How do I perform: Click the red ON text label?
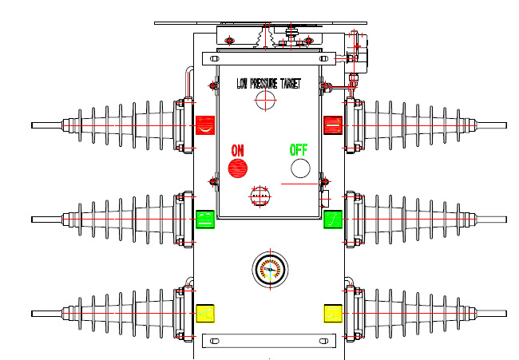(238, 150)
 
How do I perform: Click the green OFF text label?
(298, 150)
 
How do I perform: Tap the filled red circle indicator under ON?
(238, 168)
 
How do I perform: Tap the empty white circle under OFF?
(300, 168)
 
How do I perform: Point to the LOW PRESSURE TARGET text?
(269, 83)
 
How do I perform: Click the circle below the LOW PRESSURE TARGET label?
(265, 100)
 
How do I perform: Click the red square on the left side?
(205, 125)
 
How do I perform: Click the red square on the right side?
(333, 125)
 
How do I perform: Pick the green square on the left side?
(205, 220)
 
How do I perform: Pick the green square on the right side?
(333, 220)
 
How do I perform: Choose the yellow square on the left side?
(205, 314)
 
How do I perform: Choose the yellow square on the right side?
(333, 314)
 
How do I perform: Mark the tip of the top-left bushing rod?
(34, 125)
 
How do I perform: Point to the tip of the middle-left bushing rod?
(34, 220)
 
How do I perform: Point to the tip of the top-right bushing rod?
(504, 125)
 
